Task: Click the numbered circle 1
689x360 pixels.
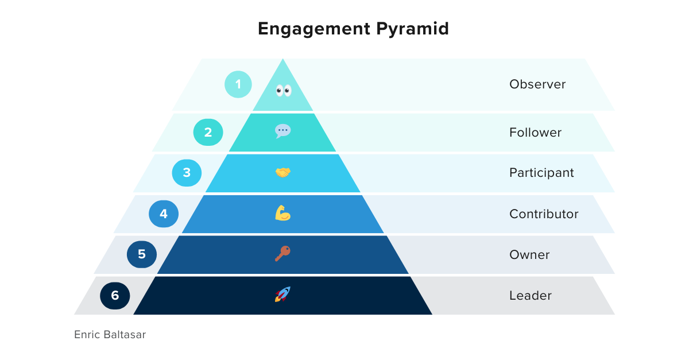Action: point(239,85)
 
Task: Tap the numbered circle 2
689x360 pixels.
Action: point(208,132)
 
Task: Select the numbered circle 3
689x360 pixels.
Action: point(187,172)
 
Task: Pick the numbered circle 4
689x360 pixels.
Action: point(164,214)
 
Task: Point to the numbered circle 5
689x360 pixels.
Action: point(142,254)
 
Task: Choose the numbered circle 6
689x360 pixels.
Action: point(115,296)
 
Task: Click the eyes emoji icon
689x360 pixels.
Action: point(283,90)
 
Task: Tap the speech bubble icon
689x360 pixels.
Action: point(282,131)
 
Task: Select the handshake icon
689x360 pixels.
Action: point(282,172)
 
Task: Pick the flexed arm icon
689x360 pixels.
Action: point(282,214)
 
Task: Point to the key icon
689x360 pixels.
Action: point(282,254)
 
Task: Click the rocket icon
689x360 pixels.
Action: point(282,295)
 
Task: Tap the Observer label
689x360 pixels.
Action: point(537,84)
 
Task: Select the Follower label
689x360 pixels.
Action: point(535,133)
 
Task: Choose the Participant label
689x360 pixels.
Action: point(541,173)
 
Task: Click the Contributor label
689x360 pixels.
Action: point(544,214)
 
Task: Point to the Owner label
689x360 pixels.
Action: point(529,255)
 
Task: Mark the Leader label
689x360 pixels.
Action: point(530,296)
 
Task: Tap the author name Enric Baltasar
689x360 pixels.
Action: point(110,334)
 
